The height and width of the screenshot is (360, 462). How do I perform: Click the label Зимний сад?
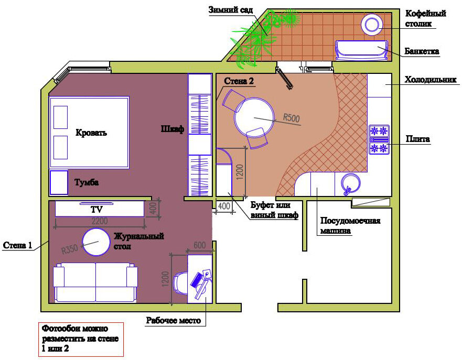pos(231,10)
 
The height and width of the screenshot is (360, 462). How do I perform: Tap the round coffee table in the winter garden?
pos(372,25)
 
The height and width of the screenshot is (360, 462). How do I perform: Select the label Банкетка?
pos(422,51)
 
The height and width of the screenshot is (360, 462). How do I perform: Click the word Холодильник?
pos(431,80)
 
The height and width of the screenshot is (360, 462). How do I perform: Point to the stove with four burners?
pos(379,139)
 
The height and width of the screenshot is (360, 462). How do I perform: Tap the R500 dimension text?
pos(291,118)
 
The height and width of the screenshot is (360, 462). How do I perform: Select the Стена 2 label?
pos(239,81)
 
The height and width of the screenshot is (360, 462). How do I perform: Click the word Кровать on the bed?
pos(91,133)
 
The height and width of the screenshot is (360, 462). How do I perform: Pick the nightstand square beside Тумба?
pos(59,182)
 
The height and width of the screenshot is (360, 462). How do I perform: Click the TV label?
pos(96,210)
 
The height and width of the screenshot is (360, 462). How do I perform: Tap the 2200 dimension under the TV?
pos(99,221)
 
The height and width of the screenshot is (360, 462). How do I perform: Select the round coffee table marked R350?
pos(96,242)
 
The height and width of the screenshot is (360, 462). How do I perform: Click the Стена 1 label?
pos(17,245)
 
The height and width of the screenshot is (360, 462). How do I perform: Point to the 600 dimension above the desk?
pos(199,245)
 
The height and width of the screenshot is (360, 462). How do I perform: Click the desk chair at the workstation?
pos(180,283)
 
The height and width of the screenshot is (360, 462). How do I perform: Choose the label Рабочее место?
pos(174,321)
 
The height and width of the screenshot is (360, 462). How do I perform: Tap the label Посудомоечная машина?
pos(350,225)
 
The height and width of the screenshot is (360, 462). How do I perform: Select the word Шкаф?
pos(173,129)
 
